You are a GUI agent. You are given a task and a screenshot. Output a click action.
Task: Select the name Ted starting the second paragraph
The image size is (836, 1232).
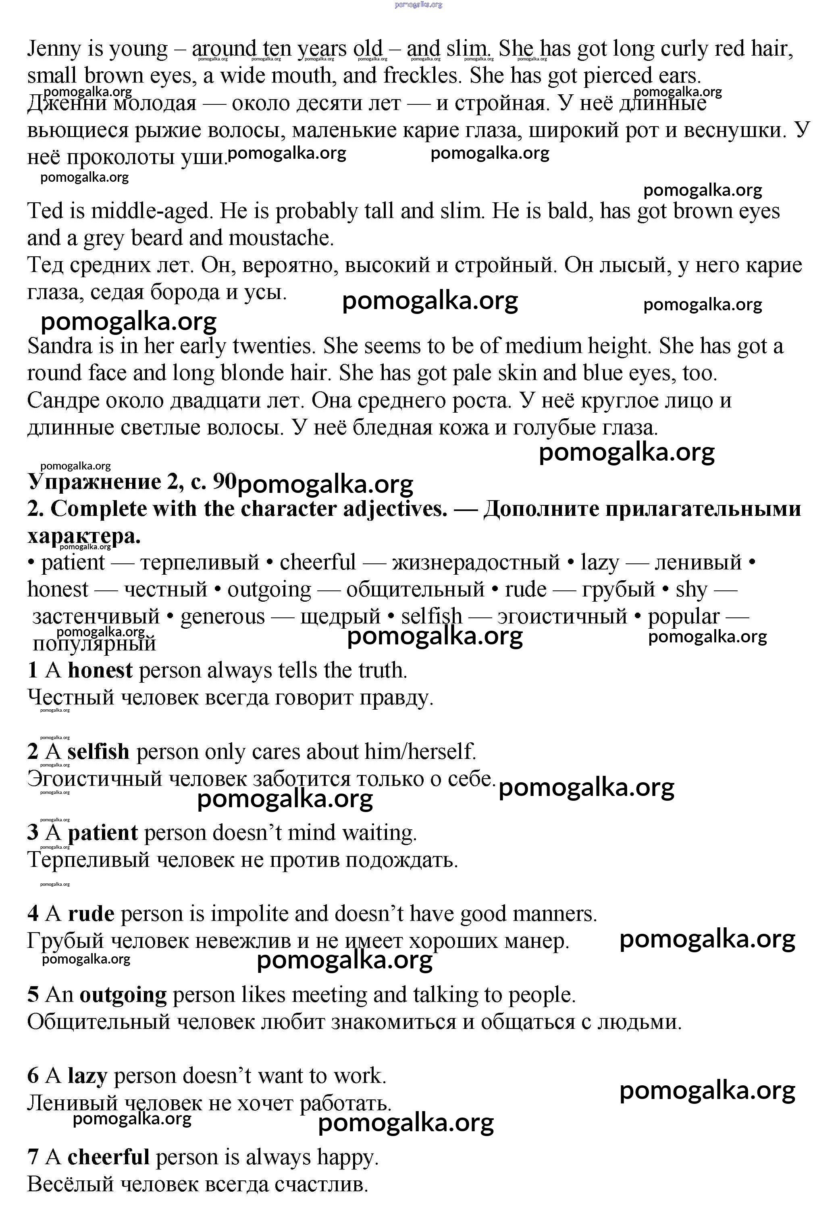tap(45, 211)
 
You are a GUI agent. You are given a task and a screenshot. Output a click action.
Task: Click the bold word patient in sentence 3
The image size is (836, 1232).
tap(103, 833)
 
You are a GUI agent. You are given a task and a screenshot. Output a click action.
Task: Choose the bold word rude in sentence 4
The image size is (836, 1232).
tap(91, 914)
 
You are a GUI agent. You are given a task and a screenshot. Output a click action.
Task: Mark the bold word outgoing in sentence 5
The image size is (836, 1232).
tap(123, 995)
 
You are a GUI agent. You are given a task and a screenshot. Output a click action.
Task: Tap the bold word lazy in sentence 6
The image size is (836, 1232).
tap(87, 1076)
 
